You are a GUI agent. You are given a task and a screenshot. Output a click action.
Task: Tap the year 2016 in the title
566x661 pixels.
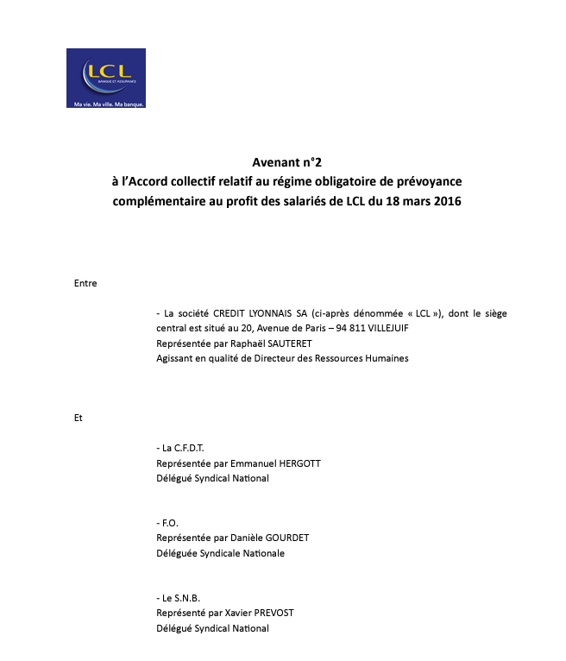click(x=447, y=202)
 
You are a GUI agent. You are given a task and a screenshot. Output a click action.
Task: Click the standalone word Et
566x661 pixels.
click(x=79, y=418)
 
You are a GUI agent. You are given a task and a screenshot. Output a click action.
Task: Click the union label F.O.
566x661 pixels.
click(x=170, y=523)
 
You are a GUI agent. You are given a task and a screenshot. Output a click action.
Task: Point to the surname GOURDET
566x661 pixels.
click(x=280, y=538)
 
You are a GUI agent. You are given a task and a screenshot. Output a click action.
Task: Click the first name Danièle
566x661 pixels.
click(x=230, y=538)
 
